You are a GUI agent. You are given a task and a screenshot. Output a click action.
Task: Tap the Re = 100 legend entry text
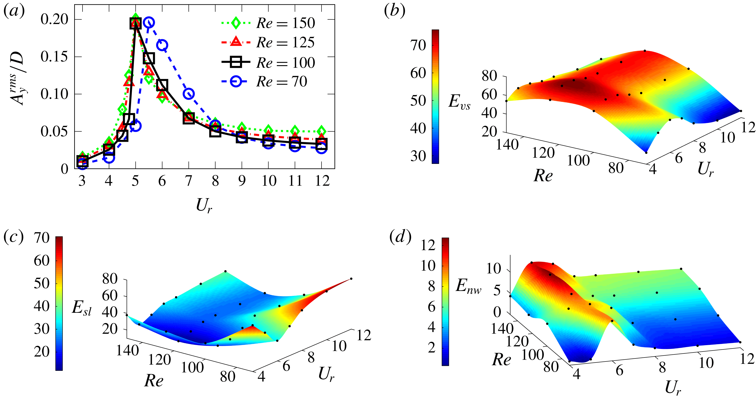click(x=285, y=63)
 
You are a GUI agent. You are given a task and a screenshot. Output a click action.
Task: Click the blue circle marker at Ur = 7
click(x=188, y=94)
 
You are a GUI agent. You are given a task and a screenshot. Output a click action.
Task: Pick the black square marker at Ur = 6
click(x=162, y=85)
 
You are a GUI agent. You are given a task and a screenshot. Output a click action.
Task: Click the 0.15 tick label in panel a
click(x=54, y=57)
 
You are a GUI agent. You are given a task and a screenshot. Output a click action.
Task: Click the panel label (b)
click(x=395, y=11)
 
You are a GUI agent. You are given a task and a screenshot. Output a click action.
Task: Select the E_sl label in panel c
click(x=81, y=308)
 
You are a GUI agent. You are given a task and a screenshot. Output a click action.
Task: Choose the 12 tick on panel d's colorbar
click(x=428, y=245)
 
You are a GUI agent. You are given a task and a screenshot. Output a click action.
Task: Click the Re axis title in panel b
click(x=543, y=176)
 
